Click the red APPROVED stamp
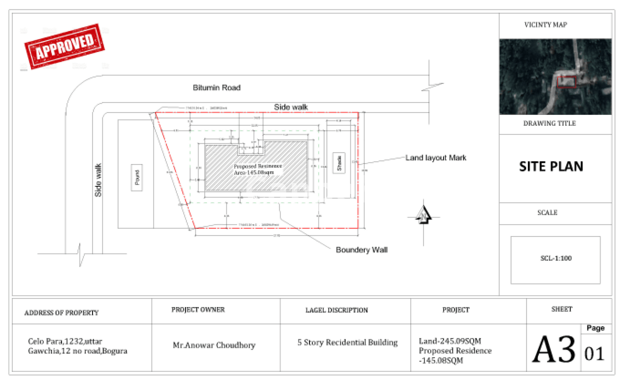pos(65,46)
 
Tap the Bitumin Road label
pos(216,87)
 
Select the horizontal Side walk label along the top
pos(291,107)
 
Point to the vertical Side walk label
pos(98,180)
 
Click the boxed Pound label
pos(137,178)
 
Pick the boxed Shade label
pos(339,163)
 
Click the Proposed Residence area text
pos(257,169)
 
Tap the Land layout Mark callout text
pos(436,158)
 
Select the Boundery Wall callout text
pos(361,250)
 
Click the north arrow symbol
pos(423,215)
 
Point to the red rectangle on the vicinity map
pos(566,82)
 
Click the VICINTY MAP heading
pos(545,25)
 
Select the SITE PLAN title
pos(551,166)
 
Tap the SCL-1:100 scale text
pos(556,258)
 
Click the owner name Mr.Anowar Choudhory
pos(214,345)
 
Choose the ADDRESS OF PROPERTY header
pos(61,313)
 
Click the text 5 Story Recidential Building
pos(347,342)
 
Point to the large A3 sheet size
pos(553,349)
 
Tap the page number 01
pos(594,354)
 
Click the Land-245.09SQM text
pos(450,341)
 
